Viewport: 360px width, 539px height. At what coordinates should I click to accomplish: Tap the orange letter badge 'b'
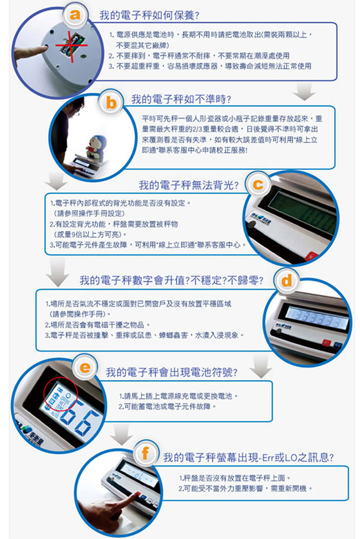[x=111, y=102]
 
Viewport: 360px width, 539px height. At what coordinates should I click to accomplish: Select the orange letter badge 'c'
[x=258, y=184]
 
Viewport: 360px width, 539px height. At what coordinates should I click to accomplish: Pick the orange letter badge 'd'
[x=286, y=281]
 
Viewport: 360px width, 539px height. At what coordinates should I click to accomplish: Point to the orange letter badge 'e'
[x=85, y=367]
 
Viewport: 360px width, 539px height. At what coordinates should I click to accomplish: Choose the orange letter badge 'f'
[x=146, y=454]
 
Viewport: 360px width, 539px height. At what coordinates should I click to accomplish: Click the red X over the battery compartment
[x=72, y=46]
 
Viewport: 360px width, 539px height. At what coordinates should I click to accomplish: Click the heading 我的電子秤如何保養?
[x=150, y=15]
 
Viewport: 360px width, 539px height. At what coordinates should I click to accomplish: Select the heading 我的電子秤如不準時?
[x=181, y=99]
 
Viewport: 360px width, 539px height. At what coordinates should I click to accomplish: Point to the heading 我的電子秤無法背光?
[x=188, y=185]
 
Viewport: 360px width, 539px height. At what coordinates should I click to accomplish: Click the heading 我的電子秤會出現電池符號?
[x=172, y=372]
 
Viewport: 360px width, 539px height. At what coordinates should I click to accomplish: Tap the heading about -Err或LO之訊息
[x=248, y=457]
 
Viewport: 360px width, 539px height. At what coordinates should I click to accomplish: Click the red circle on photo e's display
[x=61, y=394]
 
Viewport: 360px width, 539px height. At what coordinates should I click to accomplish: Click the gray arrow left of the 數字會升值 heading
[x=58, y=272]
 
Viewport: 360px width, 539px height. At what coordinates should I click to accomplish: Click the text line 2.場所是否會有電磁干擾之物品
[x=98, y=325]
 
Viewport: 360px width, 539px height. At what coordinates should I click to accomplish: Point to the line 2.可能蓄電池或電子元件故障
[x=167, y=407]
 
